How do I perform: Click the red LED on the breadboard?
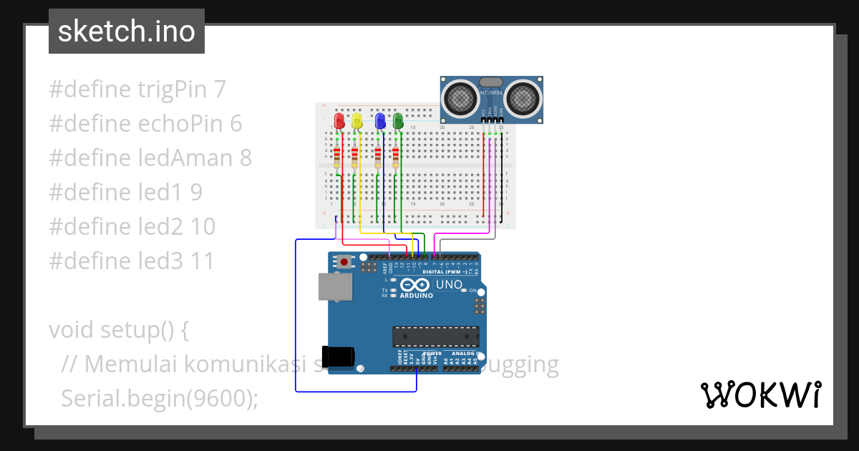click(x=339, y=120)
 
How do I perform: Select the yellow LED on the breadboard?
click(x=356, y=120)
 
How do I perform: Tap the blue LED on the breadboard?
click(x=381, y=120)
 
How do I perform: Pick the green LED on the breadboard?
click(x=398, y=120)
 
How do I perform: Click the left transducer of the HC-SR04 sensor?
click(x=459, y=98)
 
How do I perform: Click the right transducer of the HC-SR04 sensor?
click(x=524, y=98)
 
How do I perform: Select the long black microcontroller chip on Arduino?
click(x=435, y=336)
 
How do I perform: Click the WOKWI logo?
click(x=760, y=394)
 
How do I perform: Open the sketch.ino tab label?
click(x=127, y=31)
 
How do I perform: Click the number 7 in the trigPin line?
click(x=220, y=89)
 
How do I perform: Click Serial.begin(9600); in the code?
click(x=159, y=398)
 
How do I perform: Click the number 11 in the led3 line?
click(x=203, y=261)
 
